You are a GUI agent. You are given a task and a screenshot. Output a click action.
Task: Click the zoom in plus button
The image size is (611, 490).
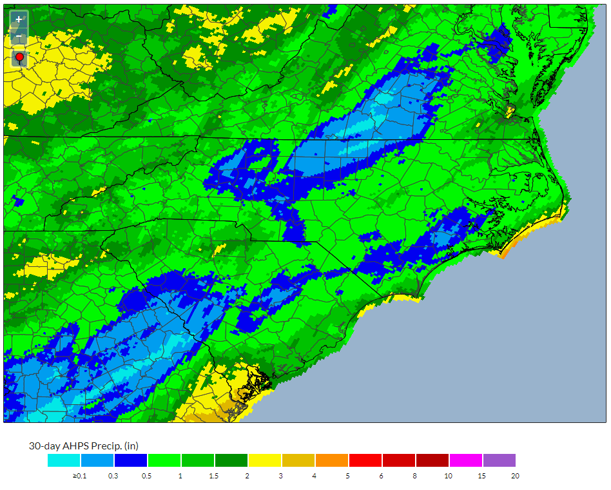click(19, 19)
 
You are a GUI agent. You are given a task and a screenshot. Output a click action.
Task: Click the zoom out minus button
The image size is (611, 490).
click(19, 37)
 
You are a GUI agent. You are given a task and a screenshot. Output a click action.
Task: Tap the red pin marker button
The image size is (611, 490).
click(19, 59)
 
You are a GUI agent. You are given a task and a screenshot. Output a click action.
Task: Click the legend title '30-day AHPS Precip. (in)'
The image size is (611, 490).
click(84, 446)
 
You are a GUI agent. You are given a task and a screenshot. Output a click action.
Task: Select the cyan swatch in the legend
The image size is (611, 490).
click(64, 460)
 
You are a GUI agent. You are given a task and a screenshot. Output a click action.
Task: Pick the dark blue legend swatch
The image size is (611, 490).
click(131, 460)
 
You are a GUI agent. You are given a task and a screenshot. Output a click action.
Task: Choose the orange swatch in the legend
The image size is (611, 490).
click(332, 460)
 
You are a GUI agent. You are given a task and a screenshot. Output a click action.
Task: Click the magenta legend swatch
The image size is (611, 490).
click(466, 460)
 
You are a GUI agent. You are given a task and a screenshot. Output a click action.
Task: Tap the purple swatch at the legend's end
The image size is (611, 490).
click(499, 460)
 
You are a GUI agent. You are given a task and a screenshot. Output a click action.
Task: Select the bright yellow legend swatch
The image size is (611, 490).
click(265, 460)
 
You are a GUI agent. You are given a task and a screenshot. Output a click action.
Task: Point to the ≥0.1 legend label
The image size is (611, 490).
click(79, 476)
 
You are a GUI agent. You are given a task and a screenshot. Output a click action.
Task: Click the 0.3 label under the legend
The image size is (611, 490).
click(113, 476)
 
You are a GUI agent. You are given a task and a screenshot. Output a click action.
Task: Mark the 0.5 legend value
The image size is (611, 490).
click(146, 476)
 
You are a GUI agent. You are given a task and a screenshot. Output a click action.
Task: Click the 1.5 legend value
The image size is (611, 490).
click(213, 476)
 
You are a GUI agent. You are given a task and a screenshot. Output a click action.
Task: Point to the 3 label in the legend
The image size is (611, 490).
click(280, 476)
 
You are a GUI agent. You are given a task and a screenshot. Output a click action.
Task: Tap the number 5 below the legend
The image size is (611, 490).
click(347, 476)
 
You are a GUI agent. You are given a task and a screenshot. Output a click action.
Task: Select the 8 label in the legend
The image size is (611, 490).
click(414, 476)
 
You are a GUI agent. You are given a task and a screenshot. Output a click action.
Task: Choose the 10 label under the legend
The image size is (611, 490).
click(448, 476)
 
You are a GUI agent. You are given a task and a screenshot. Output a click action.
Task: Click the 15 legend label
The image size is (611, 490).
click(481, 476)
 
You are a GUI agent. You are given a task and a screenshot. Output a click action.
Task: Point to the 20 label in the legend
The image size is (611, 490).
click(514, 476)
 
